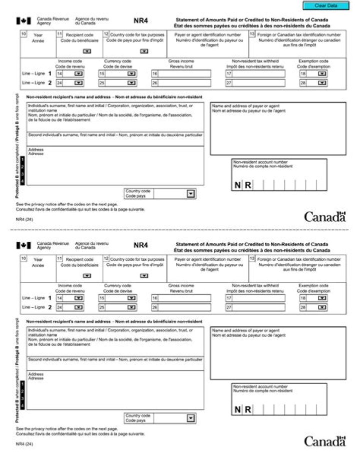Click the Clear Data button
tap(326, 6)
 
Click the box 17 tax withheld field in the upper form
tap(258, 74)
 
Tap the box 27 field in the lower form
tap(258, 307)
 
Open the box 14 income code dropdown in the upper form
tap(78, 74)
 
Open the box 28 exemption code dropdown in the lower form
tap(321, 307)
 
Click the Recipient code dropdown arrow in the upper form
tap(87, 52)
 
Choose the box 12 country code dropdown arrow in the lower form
tap(144, 275)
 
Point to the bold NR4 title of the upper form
tap(140, 22)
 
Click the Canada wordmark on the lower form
tap(325, 441)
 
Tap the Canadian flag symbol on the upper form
tap(24, 22)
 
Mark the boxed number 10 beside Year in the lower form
tap(23, 258)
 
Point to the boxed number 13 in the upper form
tap(252, 34)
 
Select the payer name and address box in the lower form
tap(278, 350)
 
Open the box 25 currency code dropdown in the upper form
tap(131, 83)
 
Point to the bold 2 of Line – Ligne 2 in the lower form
tap(49, 307)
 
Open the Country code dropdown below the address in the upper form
tap(190, 194)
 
